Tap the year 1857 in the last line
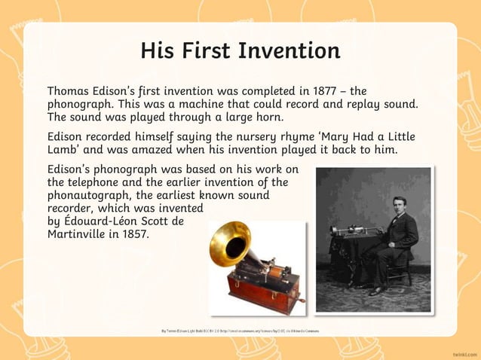click(x=135, y=234)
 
